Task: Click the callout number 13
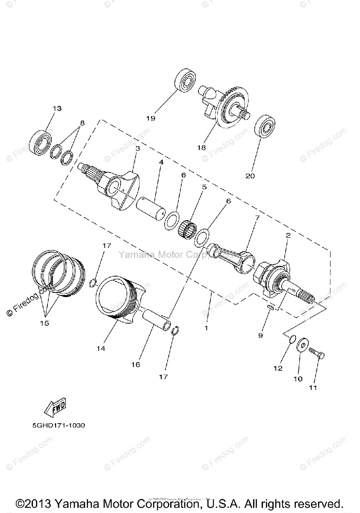(x=57, y=109)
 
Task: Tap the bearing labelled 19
(x=185, y=80)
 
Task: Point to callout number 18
(x=201, y=147)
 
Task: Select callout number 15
(x=44, y=323)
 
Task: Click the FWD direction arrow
(x=55, y=408)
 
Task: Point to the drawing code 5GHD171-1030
(x=52, y=426)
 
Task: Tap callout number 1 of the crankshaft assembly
(x=206, y=328)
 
